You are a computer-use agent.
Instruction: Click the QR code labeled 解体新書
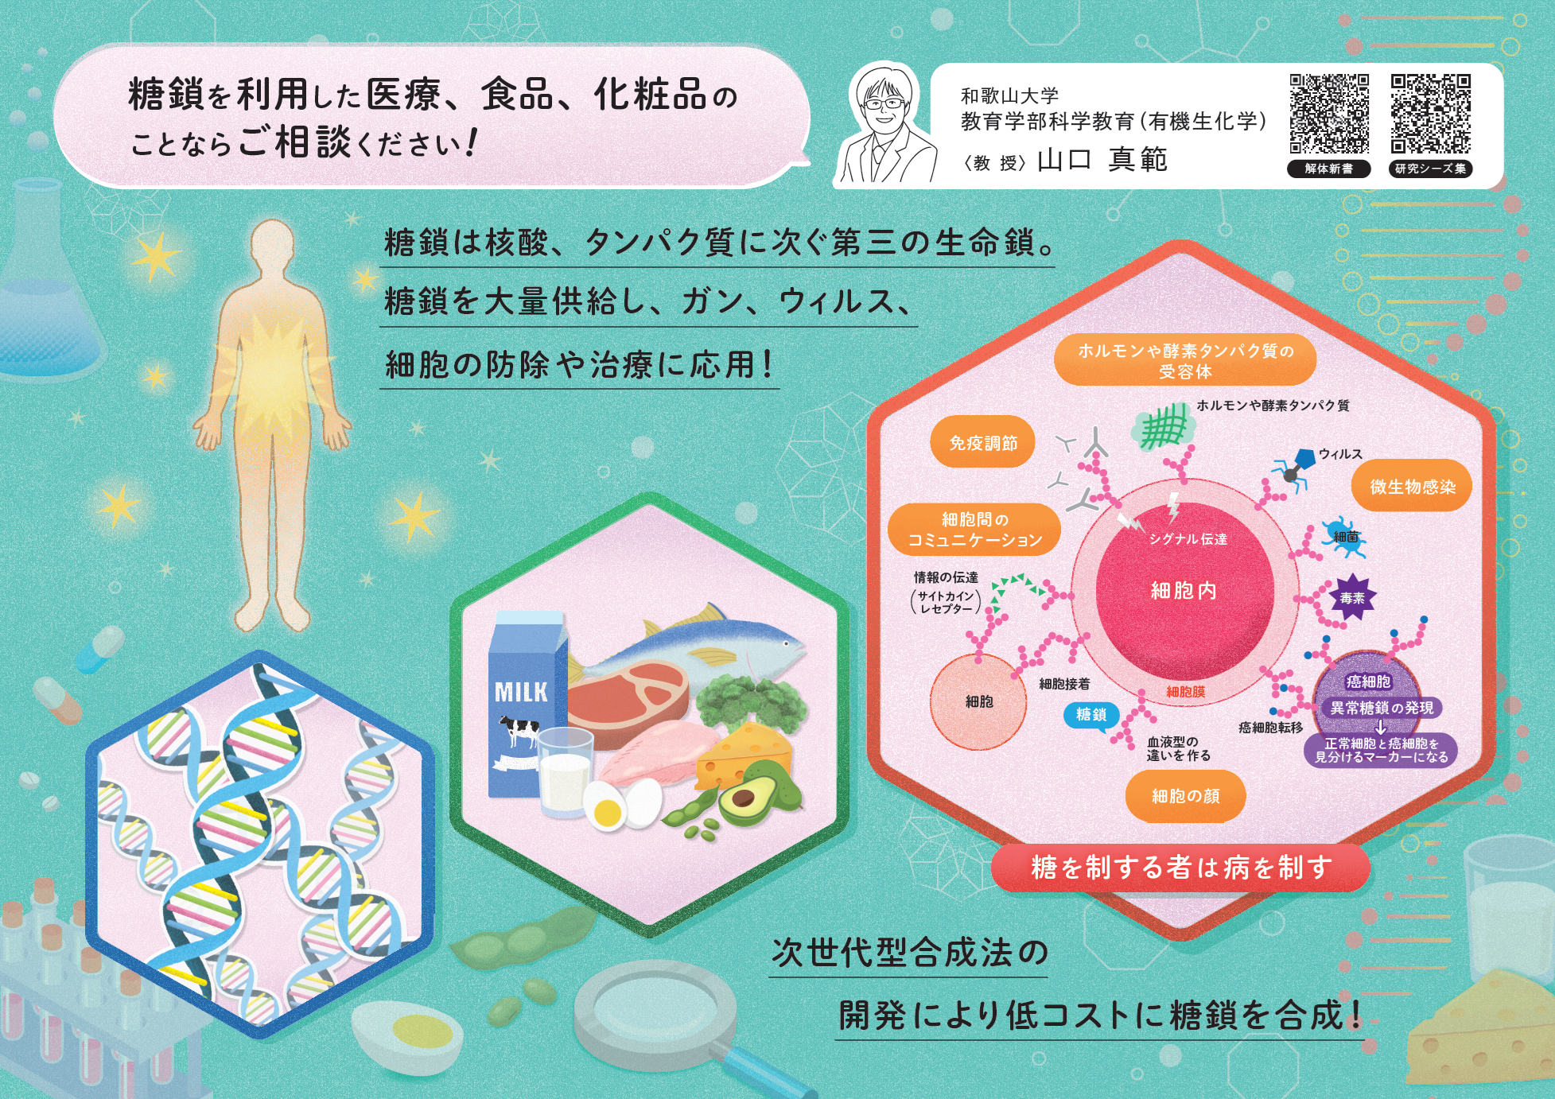click(1329, 113)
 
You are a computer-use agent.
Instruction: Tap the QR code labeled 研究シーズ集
click(1430, 113)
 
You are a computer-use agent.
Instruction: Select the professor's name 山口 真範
click(1102, 160)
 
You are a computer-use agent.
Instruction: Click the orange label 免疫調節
click(983, 443)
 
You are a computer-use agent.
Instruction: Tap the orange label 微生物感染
click(1412, 487)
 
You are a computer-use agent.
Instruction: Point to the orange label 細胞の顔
click(1185, 796)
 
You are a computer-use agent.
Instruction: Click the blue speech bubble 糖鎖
click(1090, 715)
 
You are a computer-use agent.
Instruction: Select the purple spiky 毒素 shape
click(1352, 597)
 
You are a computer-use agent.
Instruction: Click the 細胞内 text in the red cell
click(1184, 590)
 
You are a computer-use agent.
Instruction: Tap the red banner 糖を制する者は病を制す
click(1181, 868)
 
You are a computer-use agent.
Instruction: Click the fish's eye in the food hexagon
click(787, 642)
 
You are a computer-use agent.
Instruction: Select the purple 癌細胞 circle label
click(1368, 682)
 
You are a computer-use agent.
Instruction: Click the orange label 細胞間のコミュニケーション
click(974, 530)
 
